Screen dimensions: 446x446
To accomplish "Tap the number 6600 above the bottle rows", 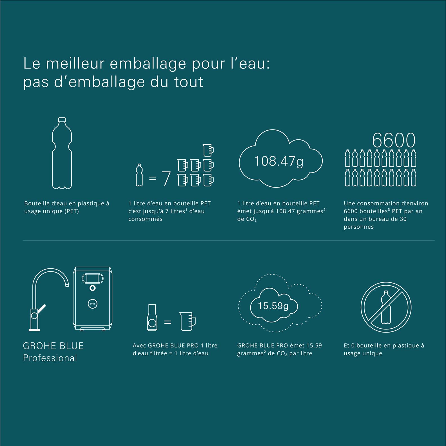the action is [x=394, y=140].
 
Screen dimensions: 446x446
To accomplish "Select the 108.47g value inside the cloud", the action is [x=279, y=161].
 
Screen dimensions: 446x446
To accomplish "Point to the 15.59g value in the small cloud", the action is [x=273, y=306].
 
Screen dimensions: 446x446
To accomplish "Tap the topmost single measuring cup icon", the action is [x=208, y=150].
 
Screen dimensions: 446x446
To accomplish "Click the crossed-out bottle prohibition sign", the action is [x=386, y=307].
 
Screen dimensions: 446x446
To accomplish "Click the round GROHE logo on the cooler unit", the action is [x=92, y=303].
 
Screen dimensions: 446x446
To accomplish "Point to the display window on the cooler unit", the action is [x=92, y=278].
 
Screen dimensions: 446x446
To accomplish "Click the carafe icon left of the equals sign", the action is [x=152, y=317].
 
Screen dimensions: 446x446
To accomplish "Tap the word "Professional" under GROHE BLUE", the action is [x=50, y=358].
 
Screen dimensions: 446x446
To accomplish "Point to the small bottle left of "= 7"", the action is [x=139, y=175].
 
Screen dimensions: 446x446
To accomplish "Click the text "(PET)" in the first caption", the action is [x=72, y=211].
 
